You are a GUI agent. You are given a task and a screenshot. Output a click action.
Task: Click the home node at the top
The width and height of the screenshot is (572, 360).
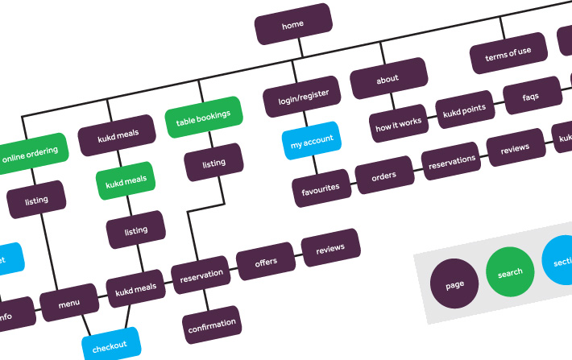tap(293, 24)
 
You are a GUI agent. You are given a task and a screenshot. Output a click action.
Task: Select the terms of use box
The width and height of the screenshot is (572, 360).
tap(508, 53)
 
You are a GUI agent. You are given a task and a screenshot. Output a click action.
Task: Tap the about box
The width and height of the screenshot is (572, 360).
tap(388, 80)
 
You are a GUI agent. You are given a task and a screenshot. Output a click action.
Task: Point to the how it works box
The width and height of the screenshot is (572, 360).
tap(399, 122)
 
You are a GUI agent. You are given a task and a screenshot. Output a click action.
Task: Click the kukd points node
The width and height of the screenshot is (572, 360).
tap(463, 110)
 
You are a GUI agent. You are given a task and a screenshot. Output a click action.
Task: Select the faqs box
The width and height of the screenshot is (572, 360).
tap(531, 97)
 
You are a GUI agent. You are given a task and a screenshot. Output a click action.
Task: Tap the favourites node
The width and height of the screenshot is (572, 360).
tap(321, 188)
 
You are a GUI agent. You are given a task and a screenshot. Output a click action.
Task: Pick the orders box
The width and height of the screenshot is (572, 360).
tap(383, 175)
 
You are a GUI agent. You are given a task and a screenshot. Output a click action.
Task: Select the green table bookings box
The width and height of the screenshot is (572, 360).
tap(203, 116)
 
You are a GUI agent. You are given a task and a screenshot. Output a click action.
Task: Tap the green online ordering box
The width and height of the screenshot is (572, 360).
tap(31, 153)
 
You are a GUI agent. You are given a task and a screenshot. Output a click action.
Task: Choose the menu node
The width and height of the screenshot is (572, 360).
tap(69, 304)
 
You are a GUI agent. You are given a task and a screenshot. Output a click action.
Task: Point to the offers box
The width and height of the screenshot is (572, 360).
tap(266, 262)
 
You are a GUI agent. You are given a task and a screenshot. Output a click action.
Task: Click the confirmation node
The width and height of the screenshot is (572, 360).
tap(212, 325)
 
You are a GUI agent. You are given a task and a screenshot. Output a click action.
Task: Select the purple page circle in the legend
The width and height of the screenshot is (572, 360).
tap(454, 285)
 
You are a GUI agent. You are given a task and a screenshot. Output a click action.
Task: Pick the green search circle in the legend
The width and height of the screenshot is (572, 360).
tap(510, 273)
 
